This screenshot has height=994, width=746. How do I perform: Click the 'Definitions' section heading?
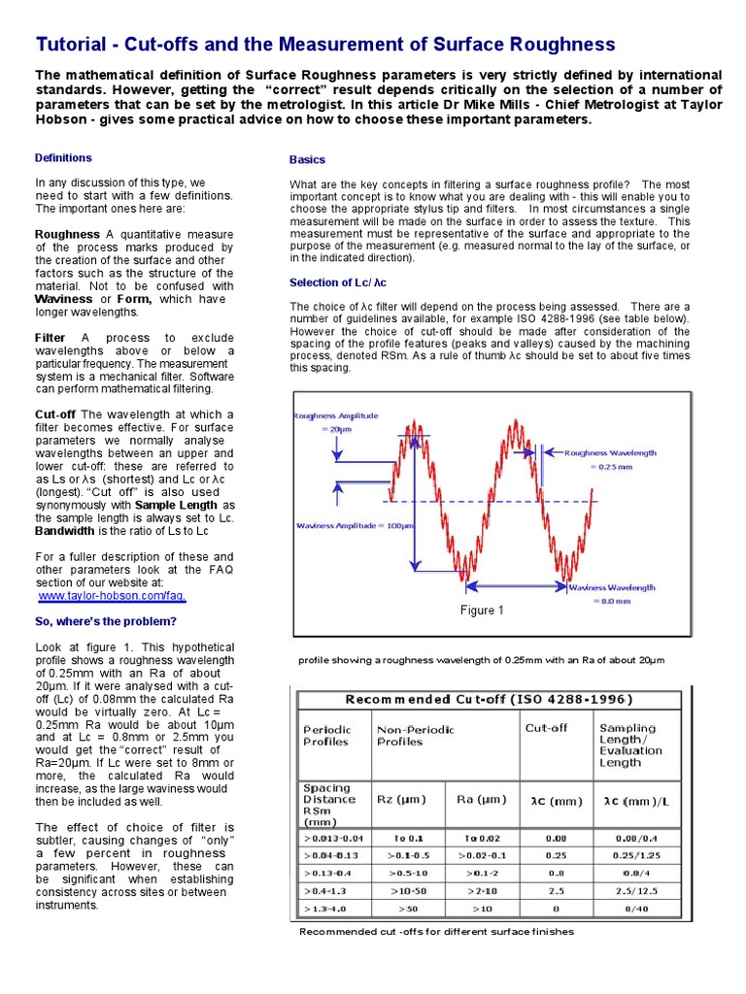click(63, 157)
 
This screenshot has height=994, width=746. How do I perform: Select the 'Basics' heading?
click(307, 159)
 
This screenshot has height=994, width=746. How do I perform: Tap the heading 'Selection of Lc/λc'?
click(338, 282)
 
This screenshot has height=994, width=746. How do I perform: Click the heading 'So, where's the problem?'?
click(106, 621)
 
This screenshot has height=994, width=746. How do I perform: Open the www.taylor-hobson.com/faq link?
click(112, 596)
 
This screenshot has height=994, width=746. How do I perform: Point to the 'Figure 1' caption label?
click(482, 611)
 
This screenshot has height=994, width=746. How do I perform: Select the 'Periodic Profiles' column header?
click(328, 734)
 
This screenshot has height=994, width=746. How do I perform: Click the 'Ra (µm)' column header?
click(482, 799)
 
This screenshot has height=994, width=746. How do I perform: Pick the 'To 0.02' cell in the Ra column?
click(482, 837)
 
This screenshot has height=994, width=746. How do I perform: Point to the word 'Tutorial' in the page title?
click(72, 45)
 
